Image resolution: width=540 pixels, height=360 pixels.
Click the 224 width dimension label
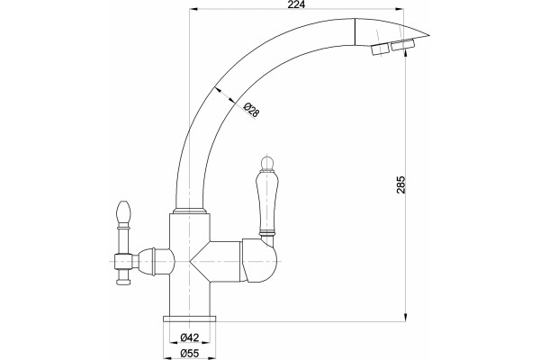[x=296, y=4]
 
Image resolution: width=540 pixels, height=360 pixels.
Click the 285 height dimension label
[x=400, y=185]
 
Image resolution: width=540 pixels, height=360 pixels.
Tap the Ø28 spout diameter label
[x=251, y=110]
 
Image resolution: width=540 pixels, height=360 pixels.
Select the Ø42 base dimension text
[x=189, y=338]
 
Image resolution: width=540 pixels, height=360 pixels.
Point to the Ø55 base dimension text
[x=189, y=353]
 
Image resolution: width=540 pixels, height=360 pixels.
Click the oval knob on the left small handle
[x=123, y=211]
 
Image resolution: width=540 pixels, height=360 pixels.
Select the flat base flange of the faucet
[x=189, y=318]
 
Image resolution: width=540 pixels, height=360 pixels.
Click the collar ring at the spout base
[x=189, y=211]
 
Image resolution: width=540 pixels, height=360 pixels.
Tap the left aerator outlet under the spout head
[x=379, y=49]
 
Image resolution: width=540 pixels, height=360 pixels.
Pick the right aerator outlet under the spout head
[x=402, y=45]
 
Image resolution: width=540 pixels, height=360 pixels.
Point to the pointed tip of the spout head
[x=429, y=35]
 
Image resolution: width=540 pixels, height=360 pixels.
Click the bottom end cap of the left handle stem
[x=123, y=282]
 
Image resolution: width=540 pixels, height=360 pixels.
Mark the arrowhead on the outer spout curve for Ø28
[x=218, y=89]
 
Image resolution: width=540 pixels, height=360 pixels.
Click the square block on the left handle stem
[x=123, y=262]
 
